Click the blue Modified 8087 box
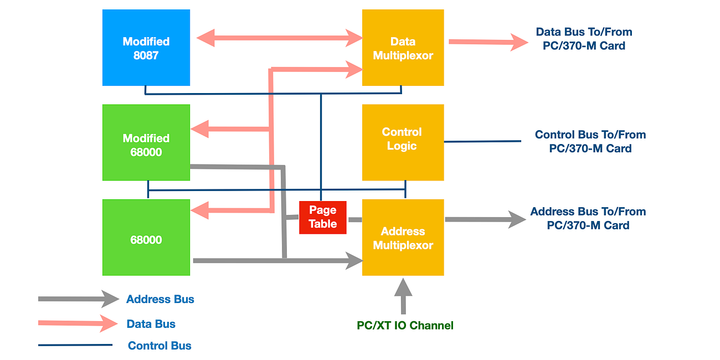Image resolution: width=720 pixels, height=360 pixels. click(x=146, y=48)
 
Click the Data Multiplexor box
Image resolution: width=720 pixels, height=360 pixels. click(x=403, y=48)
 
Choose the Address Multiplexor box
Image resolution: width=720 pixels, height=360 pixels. click(x=403, y=238)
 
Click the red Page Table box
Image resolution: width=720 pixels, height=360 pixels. click(x=323, y=217)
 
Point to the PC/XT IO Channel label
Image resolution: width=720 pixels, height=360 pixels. click(x=405, y=326)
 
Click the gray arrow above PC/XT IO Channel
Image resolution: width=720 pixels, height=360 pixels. click(x=403, y=295)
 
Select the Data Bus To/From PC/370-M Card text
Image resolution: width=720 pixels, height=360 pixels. click(x=584, y=39)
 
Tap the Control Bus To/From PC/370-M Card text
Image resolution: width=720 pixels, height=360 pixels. click(x=590, y=141)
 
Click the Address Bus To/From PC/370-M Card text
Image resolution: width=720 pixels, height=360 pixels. click(x=588, y=218)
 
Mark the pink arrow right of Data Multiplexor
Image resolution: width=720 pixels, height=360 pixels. click(x=487, y=42)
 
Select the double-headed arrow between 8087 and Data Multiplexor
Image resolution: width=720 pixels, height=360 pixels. click(x=280, y=38)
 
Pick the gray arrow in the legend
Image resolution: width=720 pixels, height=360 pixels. click(x=78, y=299)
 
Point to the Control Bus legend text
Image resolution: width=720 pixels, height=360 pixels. click(x=160, y=346)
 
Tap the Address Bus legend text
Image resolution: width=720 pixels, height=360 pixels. click(x=160, y=300)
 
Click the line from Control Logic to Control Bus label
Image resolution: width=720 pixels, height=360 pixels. click(x=482, y=141)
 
